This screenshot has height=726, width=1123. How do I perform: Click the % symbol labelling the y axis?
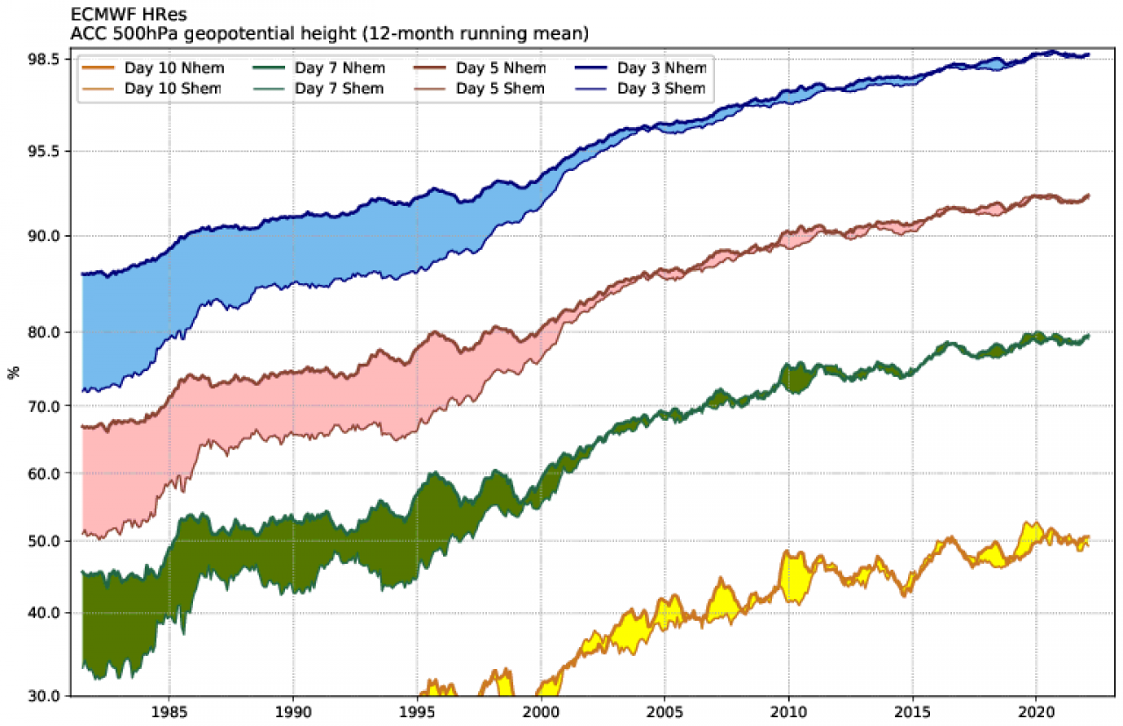tap(12, 373)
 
